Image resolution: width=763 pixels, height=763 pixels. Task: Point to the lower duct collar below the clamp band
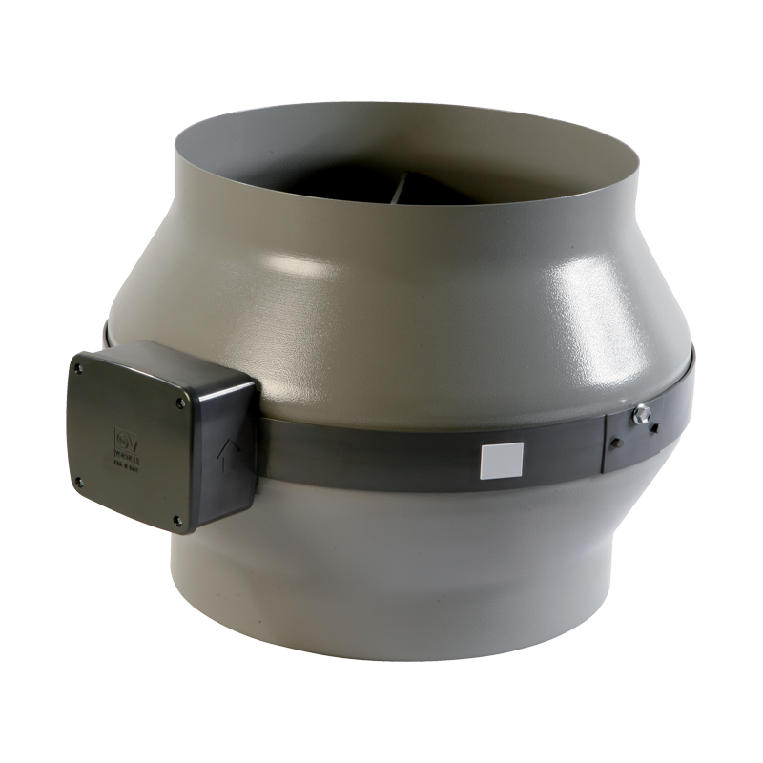401,572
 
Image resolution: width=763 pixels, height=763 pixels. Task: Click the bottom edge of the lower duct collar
401,701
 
